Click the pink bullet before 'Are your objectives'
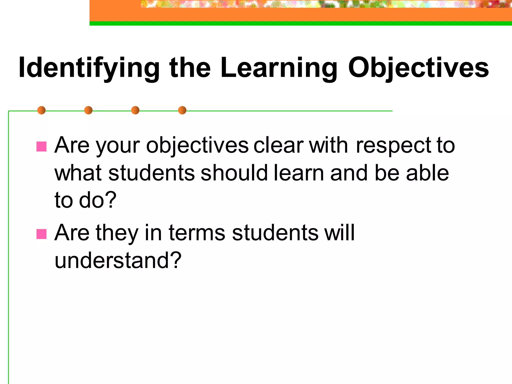[41, 146]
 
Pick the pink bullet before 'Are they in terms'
[41, 234]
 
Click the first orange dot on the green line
[41, 110]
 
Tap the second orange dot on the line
[88, 110]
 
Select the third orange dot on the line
[135, 110]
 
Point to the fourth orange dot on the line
[182, 110]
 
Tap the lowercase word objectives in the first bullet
[197, 146]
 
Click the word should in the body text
[234, 173]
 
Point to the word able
[427, 173]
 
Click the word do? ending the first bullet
[98, 200]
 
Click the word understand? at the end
[118, 260]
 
